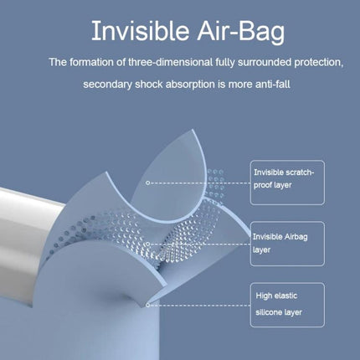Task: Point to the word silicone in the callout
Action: click(272, 311)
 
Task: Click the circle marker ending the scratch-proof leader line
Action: click(148, 182)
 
